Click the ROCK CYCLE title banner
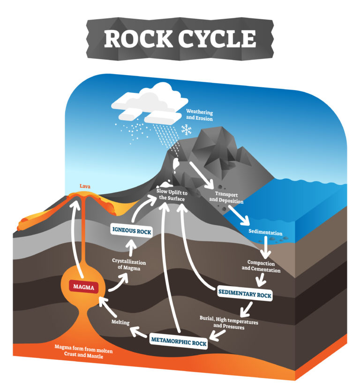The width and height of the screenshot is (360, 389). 180,38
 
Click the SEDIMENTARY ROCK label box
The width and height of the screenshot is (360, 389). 245,293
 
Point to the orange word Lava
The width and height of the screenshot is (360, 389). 85,186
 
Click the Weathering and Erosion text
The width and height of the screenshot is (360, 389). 199,115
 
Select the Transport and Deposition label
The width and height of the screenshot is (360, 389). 226,197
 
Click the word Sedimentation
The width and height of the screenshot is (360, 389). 265,233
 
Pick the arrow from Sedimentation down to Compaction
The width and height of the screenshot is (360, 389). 266,247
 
